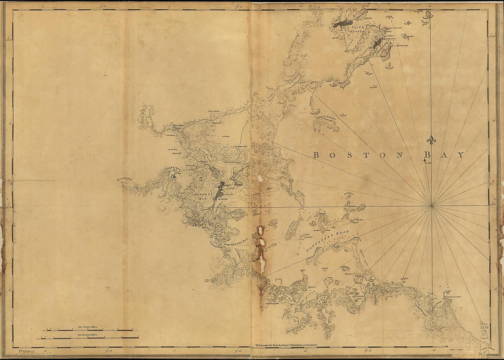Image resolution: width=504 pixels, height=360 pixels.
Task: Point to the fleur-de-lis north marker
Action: click(x=431, y=140)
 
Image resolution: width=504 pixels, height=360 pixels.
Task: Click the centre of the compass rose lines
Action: click(x=431, y=206)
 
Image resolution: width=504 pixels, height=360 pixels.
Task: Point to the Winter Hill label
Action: click(x=177, y=154)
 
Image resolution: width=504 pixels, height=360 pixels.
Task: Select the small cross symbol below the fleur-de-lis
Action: click(x=426, y=161)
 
